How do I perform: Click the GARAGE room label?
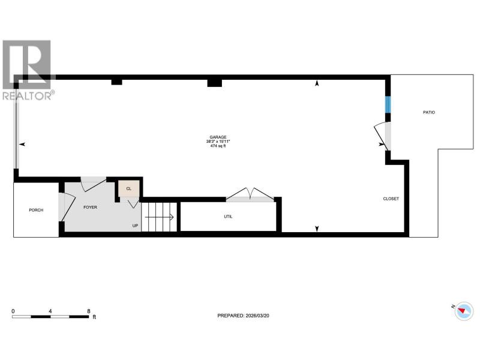218,137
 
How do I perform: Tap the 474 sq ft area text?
218,146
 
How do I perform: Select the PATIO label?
429,112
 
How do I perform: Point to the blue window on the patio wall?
388,104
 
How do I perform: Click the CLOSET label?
391,199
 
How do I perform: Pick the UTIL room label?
228,217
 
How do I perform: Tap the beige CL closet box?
129,188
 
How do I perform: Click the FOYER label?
91,207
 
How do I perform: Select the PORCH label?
36,210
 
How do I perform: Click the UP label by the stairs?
135,226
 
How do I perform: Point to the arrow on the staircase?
159,217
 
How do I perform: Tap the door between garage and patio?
382,136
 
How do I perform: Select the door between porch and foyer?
67,207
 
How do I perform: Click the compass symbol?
464,311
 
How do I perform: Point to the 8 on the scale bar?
89,311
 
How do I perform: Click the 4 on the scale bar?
50,311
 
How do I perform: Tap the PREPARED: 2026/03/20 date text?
244,316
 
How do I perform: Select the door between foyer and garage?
94,184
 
